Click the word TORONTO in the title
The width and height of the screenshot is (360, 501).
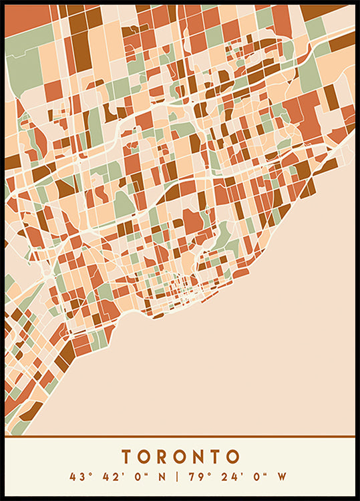[x=180, y=457]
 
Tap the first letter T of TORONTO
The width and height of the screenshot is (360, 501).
[x=127, y=457]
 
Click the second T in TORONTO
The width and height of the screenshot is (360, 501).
[x=216, y=457]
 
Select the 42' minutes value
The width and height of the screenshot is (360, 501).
[x=110, y=477]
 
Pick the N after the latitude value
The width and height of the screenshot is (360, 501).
[x=158, y=477]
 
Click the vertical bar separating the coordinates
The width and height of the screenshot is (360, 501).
[x=176, y=477]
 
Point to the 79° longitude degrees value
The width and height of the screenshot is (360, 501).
[x=195, y=477]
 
